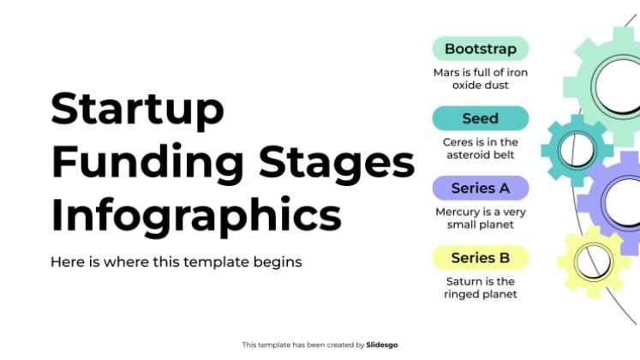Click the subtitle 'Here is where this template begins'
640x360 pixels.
coord(176,261)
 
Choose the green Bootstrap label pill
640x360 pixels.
coord(480,48)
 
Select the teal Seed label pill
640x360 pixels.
coord(480,118)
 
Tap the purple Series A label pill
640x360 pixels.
coord(480,188)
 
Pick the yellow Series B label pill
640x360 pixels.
coord(480,257)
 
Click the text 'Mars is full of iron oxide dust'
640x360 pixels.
coord(480,79)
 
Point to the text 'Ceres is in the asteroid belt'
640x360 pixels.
coord(480,148)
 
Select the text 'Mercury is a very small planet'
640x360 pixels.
coord(480,218)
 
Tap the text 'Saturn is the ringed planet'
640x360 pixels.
coord(480,287)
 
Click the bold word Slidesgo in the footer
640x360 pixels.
coord(382,345)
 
